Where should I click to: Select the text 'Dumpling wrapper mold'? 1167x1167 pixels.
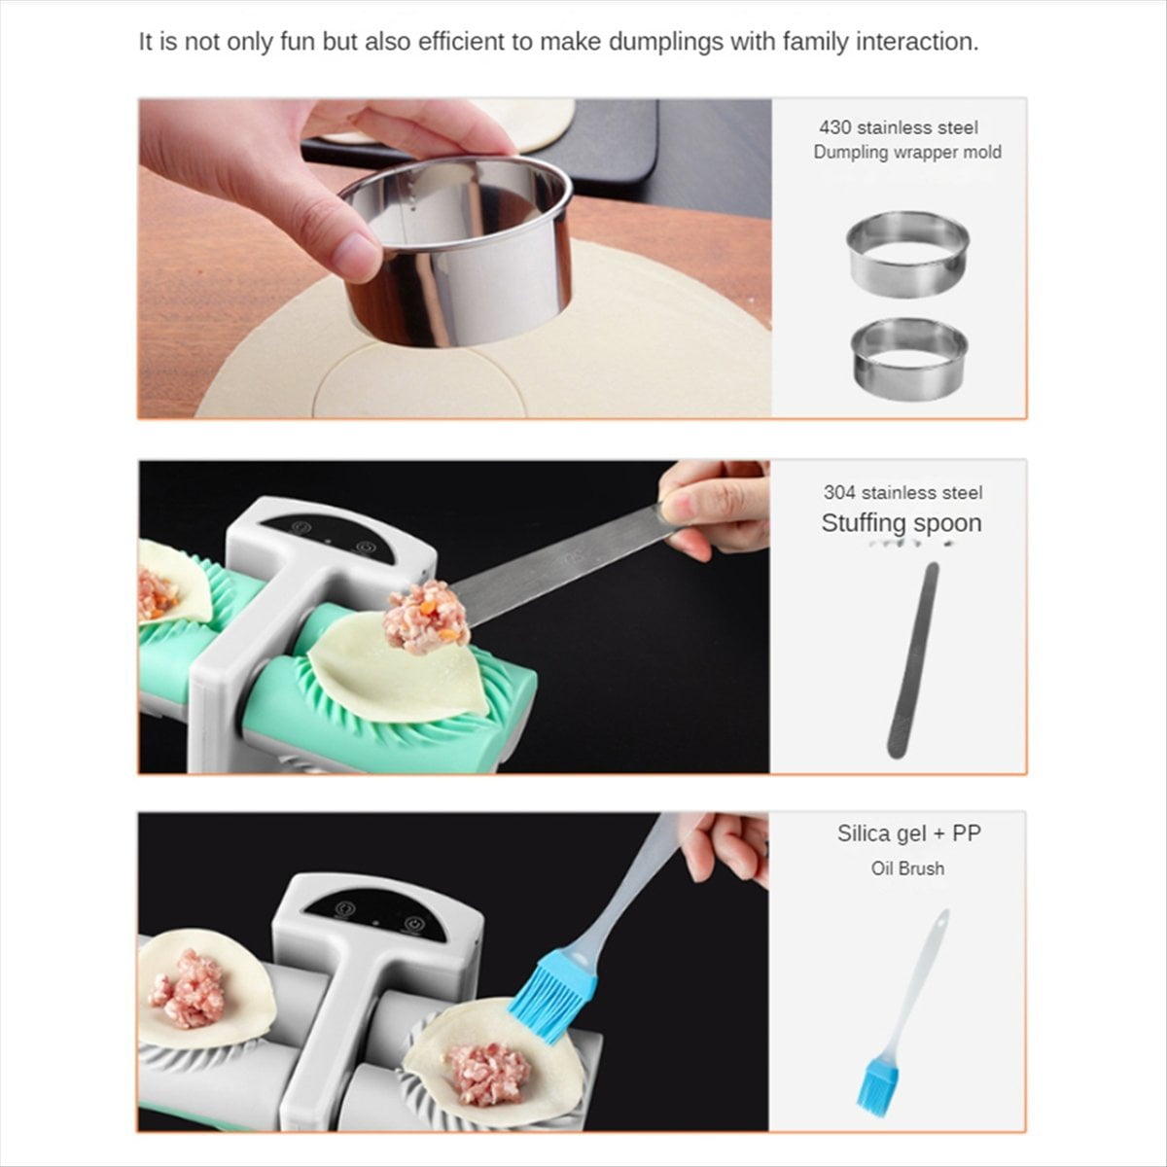(x=906, y=152)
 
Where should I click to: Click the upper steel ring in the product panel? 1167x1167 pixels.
(x=908, y=253)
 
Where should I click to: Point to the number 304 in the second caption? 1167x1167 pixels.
(x=839, y=493)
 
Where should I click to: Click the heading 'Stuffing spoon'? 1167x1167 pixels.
(x=901, y=523)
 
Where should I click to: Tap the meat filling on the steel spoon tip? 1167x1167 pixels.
(x=425, y=616)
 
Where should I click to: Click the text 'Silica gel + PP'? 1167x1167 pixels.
(x=908, y=833)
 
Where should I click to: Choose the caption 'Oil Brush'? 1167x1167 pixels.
(x=906, y=868)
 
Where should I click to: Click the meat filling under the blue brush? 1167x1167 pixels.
(x=486, y=1074)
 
